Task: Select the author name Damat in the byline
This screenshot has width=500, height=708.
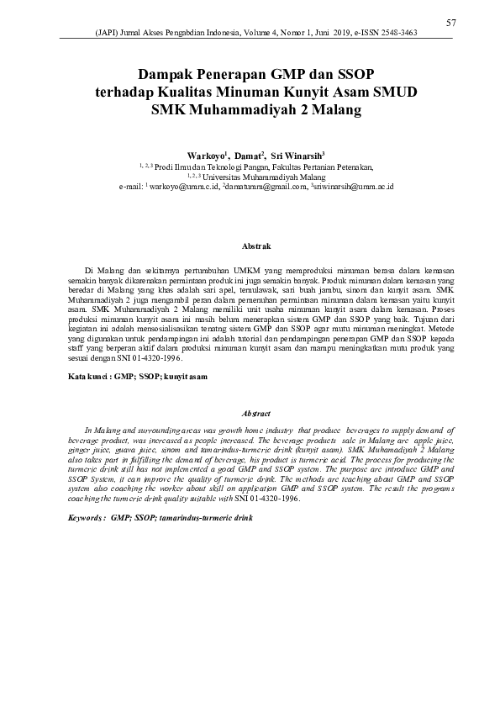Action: (249, 156)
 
